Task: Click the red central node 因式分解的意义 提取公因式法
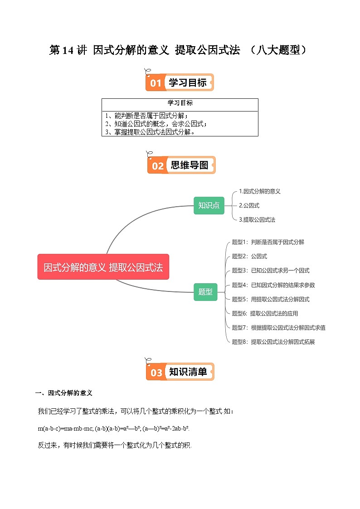[x=103, y=267]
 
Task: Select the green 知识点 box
[x=209, y=205]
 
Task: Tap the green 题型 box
[x=205, y=292]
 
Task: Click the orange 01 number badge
[x=156, y=83]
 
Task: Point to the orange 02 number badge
[x=157, y=166]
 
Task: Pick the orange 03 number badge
[x=156, y=373]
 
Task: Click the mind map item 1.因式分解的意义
[x=259, y=191]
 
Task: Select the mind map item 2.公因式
[x=249, y=205]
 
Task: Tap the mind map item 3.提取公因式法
[x=257, y=219]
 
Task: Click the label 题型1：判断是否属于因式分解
[x=268, y=242]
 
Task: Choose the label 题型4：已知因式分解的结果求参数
[x=273, y=285]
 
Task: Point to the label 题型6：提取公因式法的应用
[x=265, y=313]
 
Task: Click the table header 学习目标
[x=180, y=103]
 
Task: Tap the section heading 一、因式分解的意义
[x=64, y=393]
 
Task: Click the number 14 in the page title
[x=68, y=50]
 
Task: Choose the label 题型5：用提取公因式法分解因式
[x=270, y=299]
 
